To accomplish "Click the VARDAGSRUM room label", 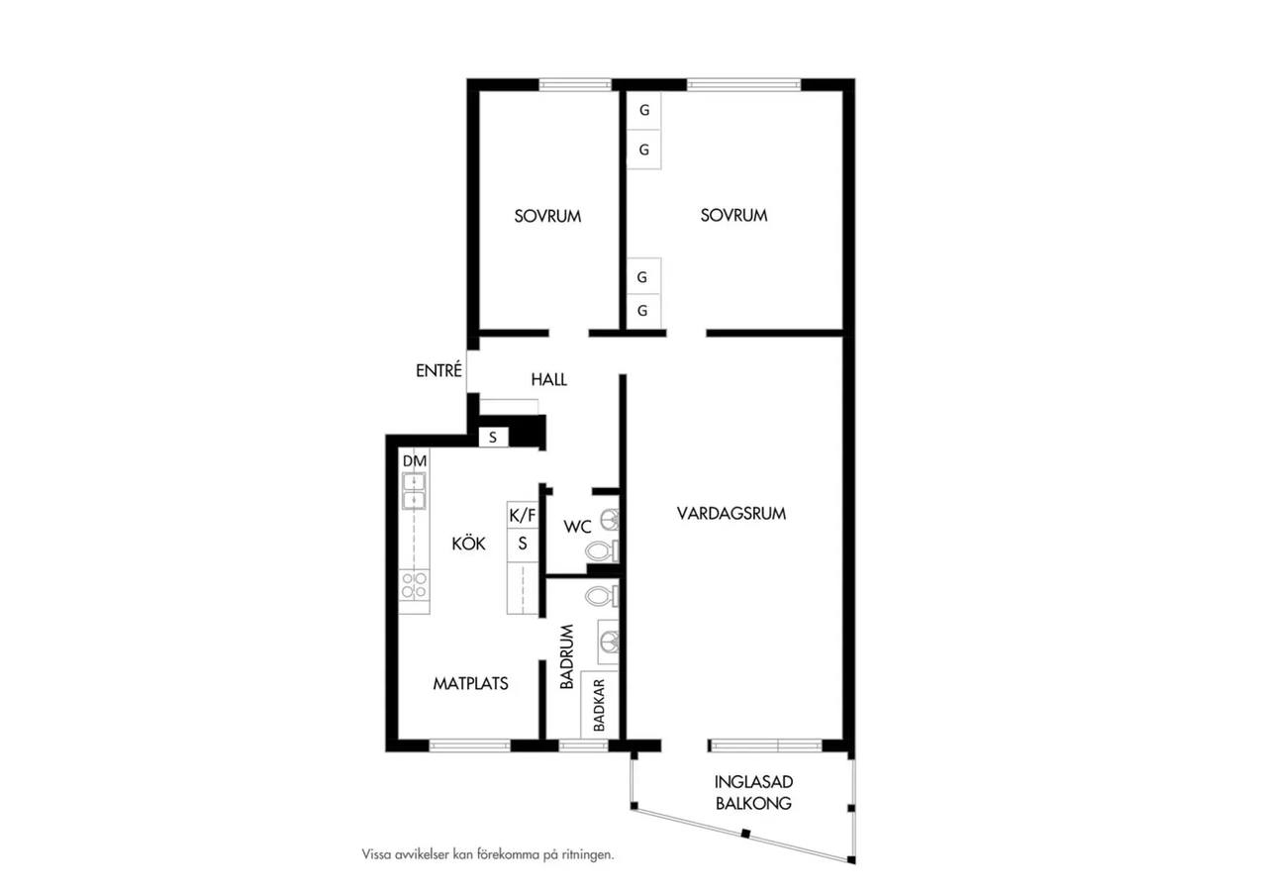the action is click(731, 514).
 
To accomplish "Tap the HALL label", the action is click(548, 379).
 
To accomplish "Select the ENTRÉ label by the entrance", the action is click(439, 370).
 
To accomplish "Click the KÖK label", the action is click(468, 544).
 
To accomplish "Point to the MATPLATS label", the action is click(470, 683).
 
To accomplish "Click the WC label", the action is click(577, 527).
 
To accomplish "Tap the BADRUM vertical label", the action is click(567, 656).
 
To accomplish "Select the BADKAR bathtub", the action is click(600, 705).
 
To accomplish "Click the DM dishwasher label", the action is click(415, 461).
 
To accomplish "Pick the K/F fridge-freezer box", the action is click(523, 515).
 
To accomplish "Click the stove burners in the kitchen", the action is click(414, 585).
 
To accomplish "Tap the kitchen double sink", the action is click(414, 491).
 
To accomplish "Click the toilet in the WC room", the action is click(602, 551).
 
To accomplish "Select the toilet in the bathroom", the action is click(602, 596).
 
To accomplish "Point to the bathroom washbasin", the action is click(609, 642).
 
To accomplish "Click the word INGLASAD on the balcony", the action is click(753, 782).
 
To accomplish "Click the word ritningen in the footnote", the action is click(588, 854).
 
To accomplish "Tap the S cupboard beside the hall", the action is click(493, 438).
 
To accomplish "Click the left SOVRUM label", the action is click(547, 216).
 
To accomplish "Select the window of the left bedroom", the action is click(575, 85).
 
